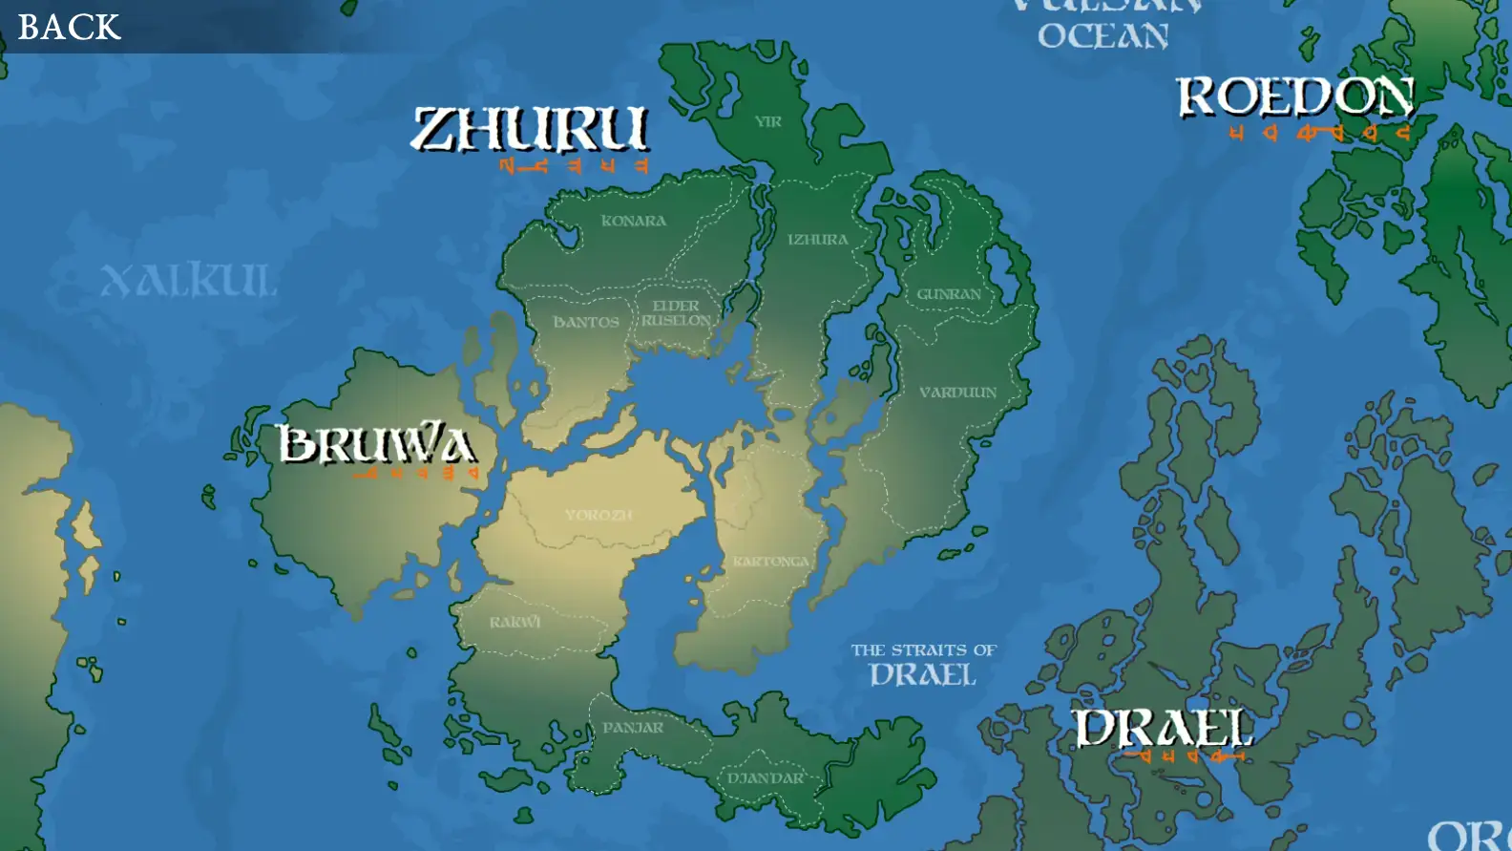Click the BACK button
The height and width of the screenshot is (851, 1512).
click(x=69, y=27)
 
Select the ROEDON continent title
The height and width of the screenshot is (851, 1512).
click(x=1295, y=97)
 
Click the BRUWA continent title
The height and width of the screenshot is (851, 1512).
click(x=376, y=444)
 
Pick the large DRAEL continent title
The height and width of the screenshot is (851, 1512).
click(x=1163, y=729)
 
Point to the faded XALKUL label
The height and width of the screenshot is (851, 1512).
click(x=189, y=280)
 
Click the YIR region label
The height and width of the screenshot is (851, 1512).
click(x=768, y=121)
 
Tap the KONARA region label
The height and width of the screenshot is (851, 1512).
click(x=634, y=221)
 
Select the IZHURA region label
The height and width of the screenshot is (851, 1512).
click(x=817, y=240)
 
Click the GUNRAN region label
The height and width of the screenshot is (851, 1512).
click(x=949, y=294)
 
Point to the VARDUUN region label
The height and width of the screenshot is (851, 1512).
click(x=957, y=393)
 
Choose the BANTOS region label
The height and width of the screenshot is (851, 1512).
click(x=586, y=323)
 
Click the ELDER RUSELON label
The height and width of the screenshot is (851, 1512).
click(x=676, y=313)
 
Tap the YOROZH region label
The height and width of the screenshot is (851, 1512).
click(x=598, y=515)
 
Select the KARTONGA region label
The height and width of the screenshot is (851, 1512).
click(x=771, y=562)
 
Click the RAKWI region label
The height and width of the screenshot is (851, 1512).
click(x=514, y=623)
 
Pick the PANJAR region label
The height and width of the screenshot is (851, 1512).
click(x=633, y=728)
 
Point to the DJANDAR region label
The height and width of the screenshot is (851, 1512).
click(x=766, y=778)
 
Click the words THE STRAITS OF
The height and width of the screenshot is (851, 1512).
click(x=923, y=650)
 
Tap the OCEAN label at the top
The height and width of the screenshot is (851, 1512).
click(x=1102, y=36)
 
